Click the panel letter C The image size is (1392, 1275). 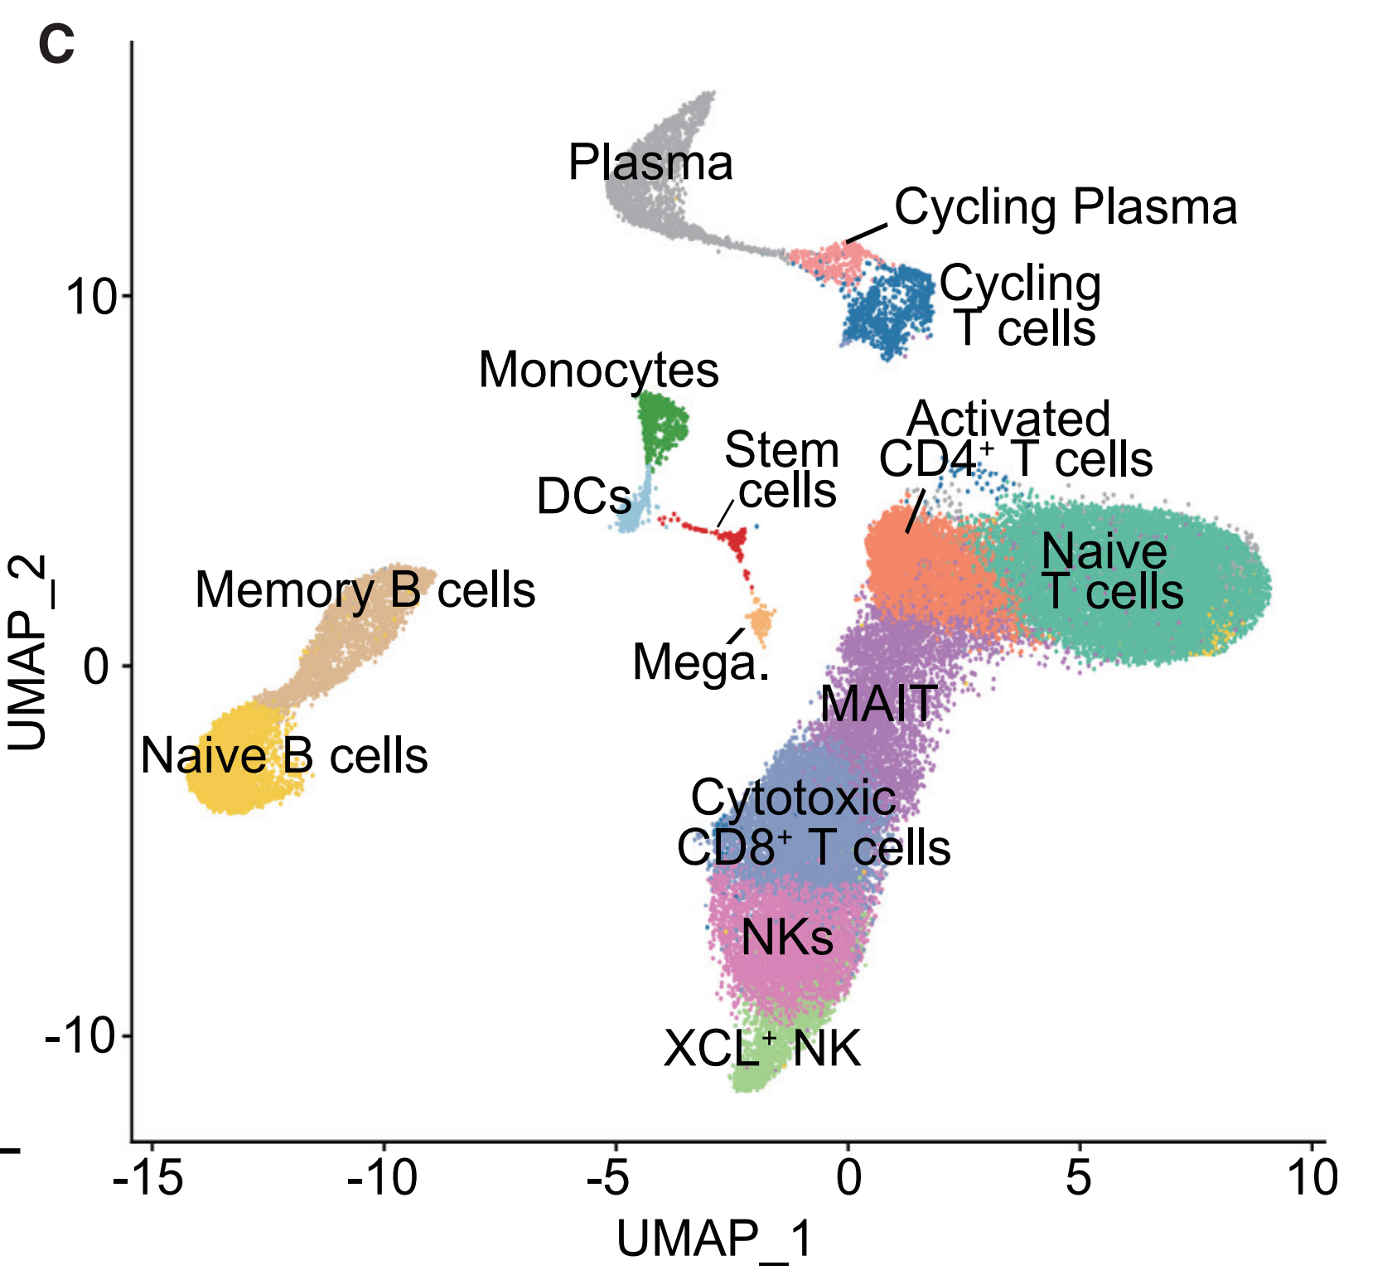point(56,44)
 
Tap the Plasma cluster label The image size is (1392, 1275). point(650,162)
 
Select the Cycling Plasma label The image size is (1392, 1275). point(1066,207)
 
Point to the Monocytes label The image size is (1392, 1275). point(599,371)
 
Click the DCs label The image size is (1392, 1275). point(584,496)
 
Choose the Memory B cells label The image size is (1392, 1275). point(365,590)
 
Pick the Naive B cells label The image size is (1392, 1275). point(284,755)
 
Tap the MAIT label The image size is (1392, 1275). point(879,704)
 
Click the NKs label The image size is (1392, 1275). point(787,938)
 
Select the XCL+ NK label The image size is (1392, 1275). point(762,1048)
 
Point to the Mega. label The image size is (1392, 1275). point(701,663)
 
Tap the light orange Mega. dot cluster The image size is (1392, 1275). point(759,622)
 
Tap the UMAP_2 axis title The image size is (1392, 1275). point(29,654)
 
